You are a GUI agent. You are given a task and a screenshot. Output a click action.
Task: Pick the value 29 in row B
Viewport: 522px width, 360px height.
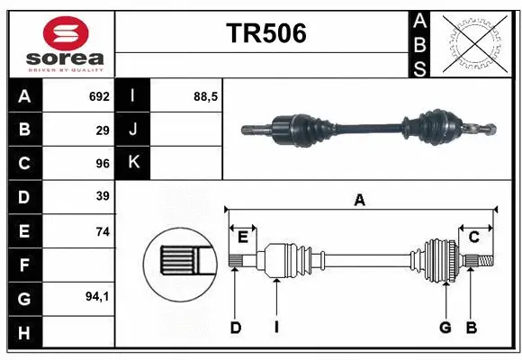(x=103, y=130)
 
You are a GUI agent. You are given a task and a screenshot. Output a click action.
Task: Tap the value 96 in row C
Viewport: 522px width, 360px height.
(x=103, y=163)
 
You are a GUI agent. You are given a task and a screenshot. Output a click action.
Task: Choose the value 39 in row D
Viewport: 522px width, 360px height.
(x=103, y=195)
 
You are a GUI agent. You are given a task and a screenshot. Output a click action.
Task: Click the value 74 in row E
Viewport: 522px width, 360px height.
(x=103, y=231)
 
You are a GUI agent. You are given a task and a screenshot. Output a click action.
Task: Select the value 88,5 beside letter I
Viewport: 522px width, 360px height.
(x=206, y=96)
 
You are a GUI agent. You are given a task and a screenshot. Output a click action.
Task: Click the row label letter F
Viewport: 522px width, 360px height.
(x=23, y=265)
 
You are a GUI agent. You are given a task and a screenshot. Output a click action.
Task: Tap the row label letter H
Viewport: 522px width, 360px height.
(x=23, y=332)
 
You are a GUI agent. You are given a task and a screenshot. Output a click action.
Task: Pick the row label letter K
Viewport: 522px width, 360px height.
(x=133, y=163)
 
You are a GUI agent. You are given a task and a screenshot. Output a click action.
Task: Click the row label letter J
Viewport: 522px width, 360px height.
(x=133, y=130)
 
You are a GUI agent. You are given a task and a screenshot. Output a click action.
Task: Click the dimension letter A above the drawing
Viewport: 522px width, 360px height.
(x=360, y=201)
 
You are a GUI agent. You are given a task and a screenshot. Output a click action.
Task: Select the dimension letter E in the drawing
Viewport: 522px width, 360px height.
(x=243, y=237)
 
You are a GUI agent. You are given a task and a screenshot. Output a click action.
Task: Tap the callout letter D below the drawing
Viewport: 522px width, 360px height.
(x=236, y=328)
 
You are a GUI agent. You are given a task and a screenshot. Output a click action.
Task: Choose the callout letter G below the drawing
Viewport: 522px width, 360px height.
(x=445, y=328)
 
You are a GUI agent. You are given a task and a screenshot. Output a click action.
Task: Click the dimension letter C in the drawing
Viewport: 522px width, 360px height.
(x=473, y=237)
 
